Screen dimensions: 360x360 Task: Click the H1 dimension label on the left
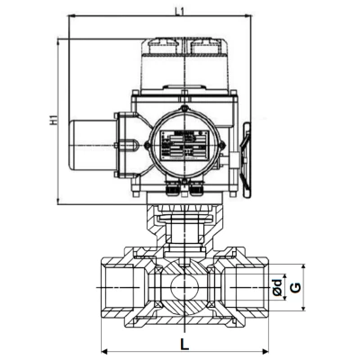click(51, 118)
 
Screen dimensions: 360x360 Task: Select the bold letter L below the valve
click(184, 344)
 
